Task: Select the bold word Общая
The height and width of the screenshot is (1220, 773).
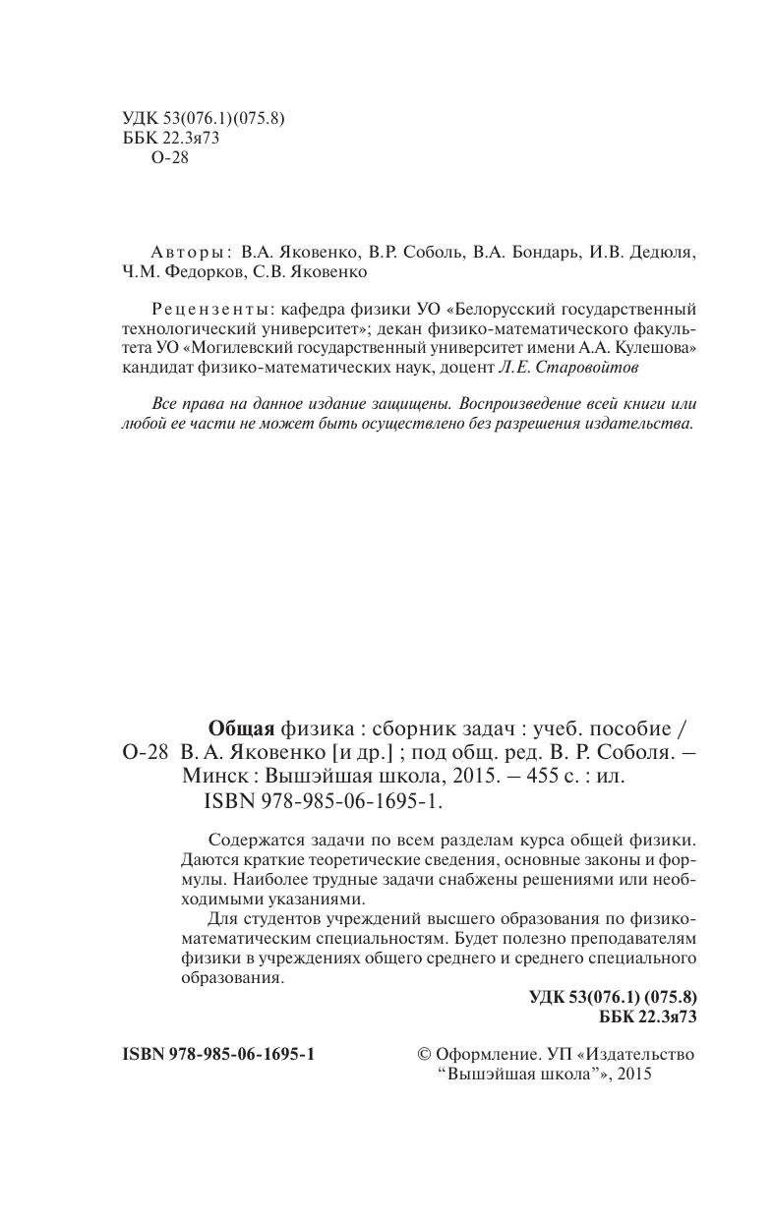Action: [241, 728]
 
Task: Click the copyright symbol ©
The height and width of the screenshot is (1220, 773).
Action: [425, 1054]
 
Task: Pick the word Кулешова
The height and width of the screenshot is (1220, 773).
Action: [651, 347]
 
